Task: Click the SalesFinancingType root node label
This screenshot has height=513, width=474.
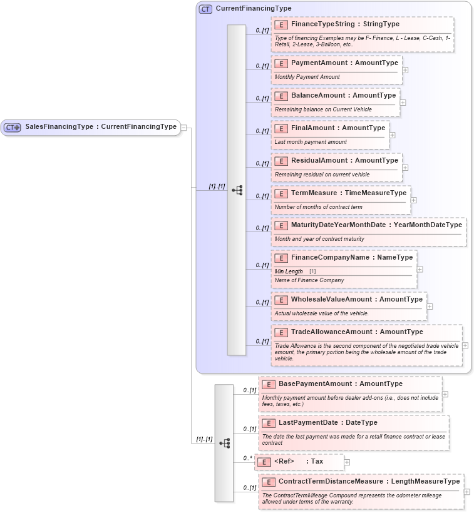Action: (100, 127)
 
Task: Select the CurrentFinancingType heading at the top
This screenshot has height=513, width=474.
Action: (253, 9)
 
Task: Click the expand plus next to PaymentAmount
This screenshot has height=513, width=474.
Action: (405, 69)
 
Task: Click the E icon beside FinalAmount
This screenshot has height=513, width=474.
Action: (281, 128)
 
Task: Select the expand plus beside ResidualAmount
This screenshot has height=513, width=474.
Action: (405, 167)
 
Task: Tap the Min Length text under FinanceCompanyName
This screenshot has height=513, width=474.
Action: (289, 272)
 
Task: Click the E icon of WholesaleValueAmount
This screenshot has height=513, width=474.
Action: (281, 300)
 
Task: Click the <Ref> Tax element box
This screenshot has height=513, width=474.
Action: (299, 462)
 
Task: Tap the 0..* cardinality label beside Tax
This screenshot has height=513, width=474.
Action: (247, 459)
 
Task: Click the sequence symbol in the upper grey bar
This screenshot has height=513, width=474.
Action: (237, 190)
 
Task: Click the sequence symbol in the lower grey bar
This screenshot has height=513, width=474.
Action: (224, 443)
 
